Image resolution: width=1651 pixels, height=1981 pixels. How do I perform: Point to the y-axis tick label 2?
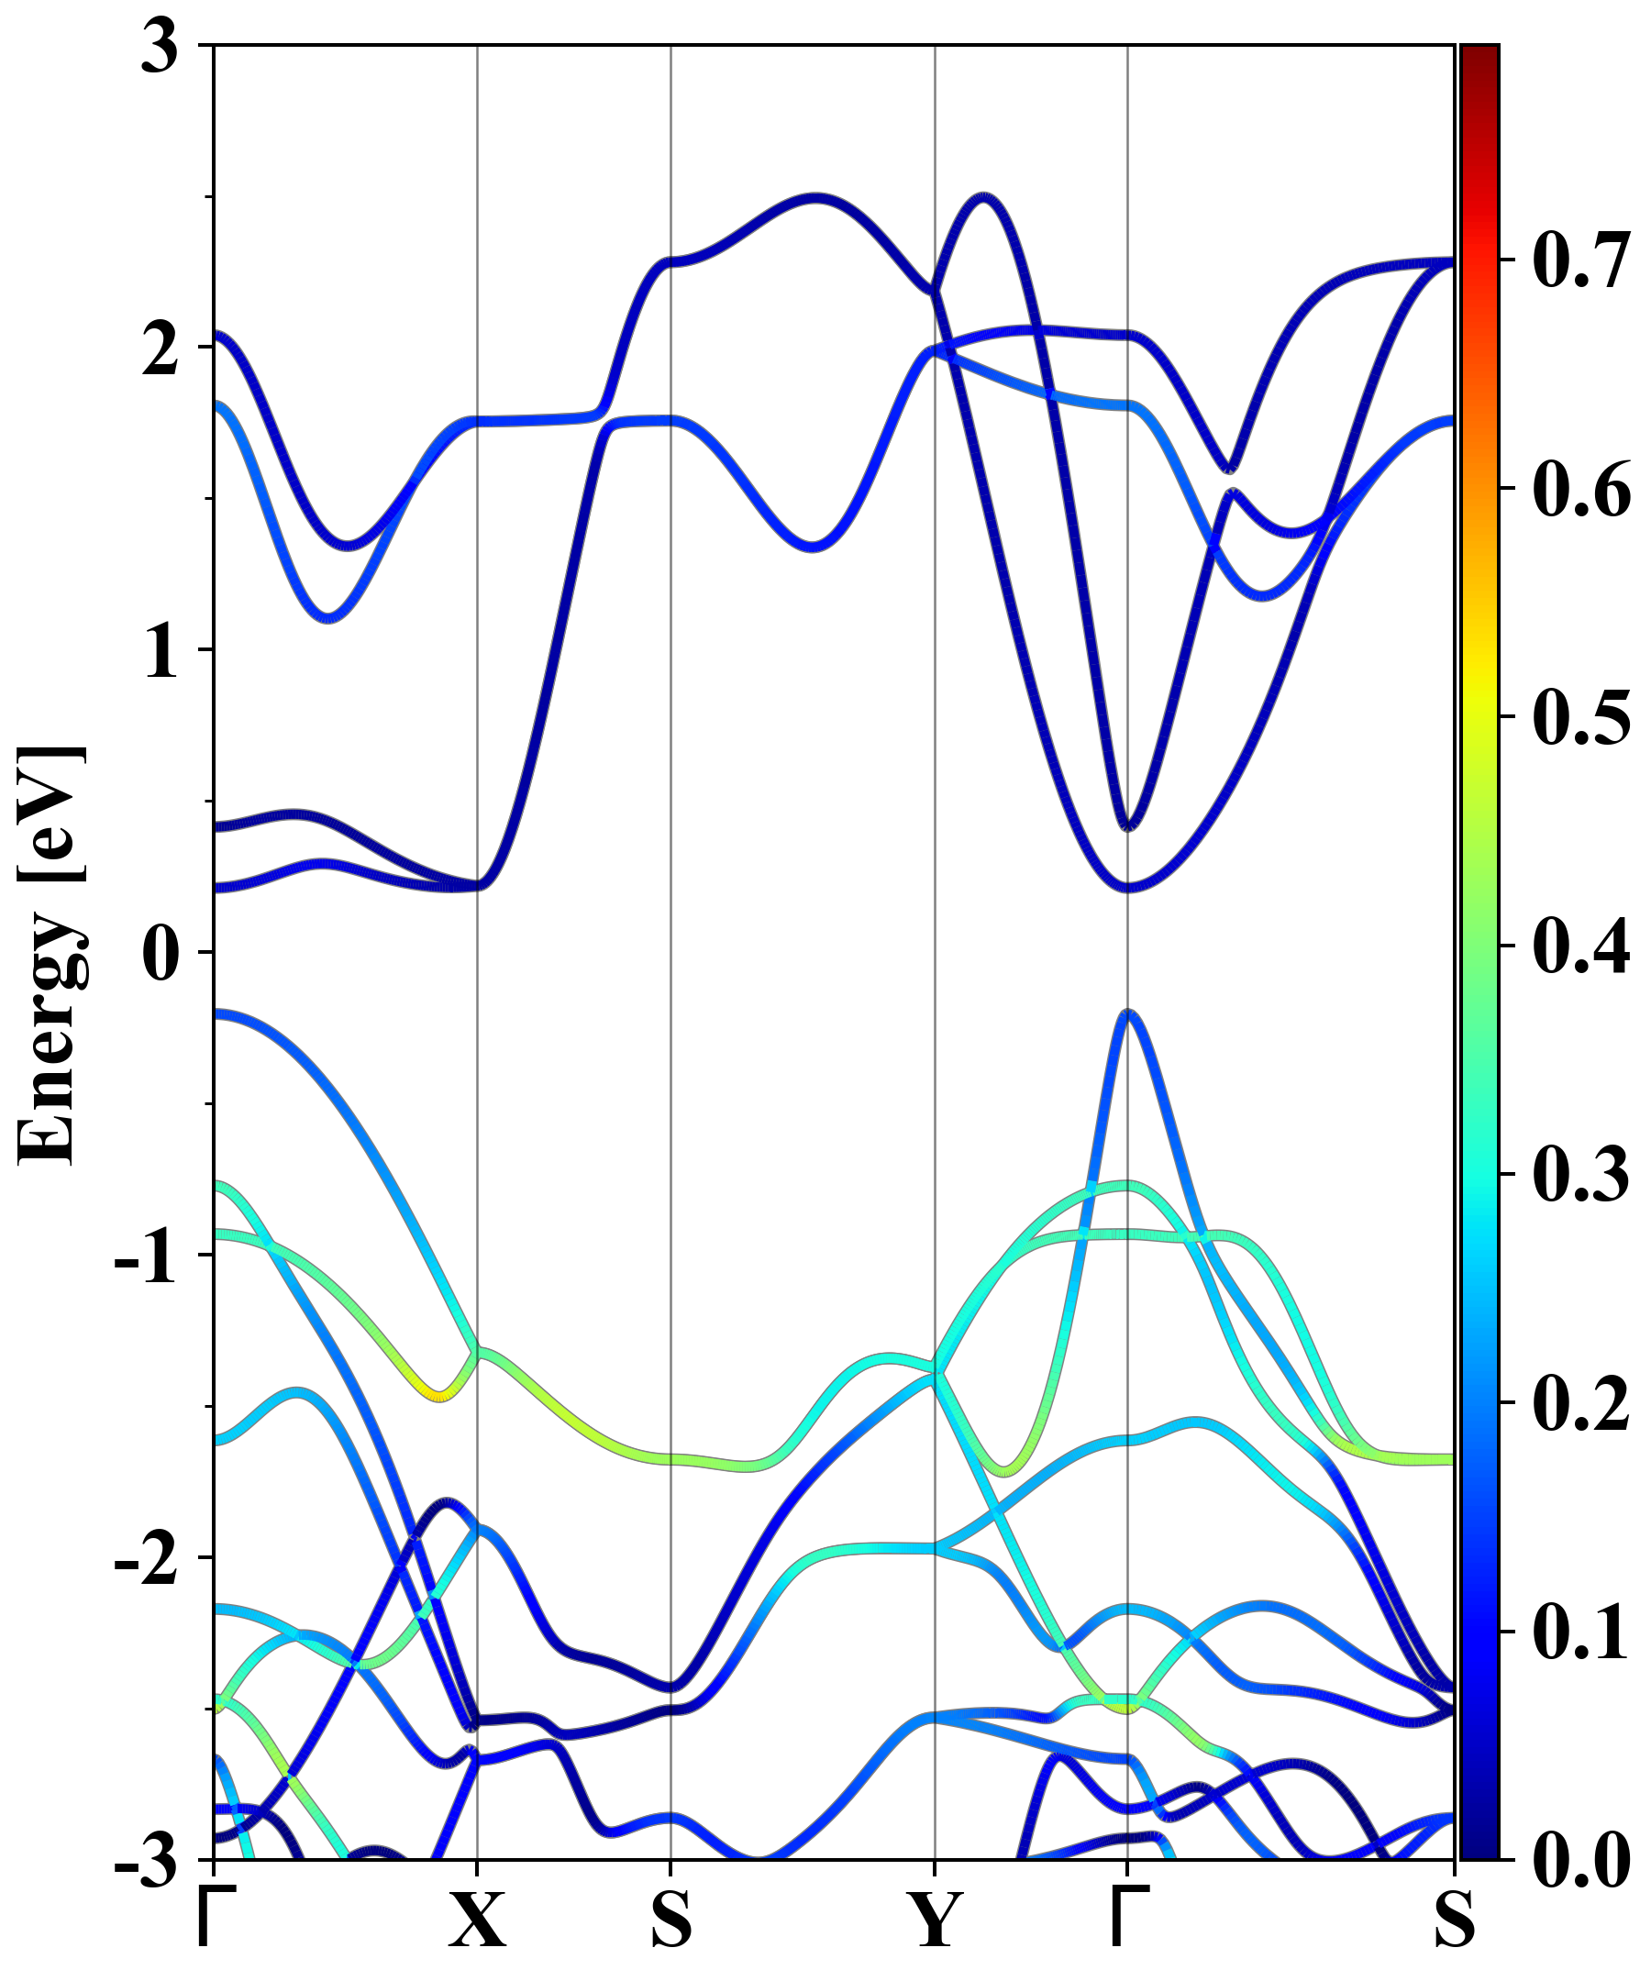[160, 351]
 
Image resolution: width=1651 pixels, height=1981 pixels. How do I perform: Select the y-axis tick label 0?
[160, 955]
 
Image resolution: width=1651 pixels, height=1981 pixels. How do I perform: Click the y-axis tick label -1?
[146, 1258]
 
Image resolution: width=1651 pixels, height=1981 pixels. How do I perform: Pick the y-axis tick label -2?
[146, 1560]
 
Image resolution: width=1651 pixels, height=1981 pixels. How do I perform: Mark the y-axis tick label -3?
[146, 1862]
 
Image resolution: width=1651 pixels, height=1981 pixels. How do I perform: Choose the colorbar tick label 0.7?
[1581, 260]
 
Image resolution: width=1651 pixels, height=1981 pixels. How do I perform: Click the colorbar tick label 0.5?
[1581, 717]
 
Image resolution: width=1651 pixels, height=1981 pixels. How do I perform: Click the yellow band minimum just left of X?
[438, 1395]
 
